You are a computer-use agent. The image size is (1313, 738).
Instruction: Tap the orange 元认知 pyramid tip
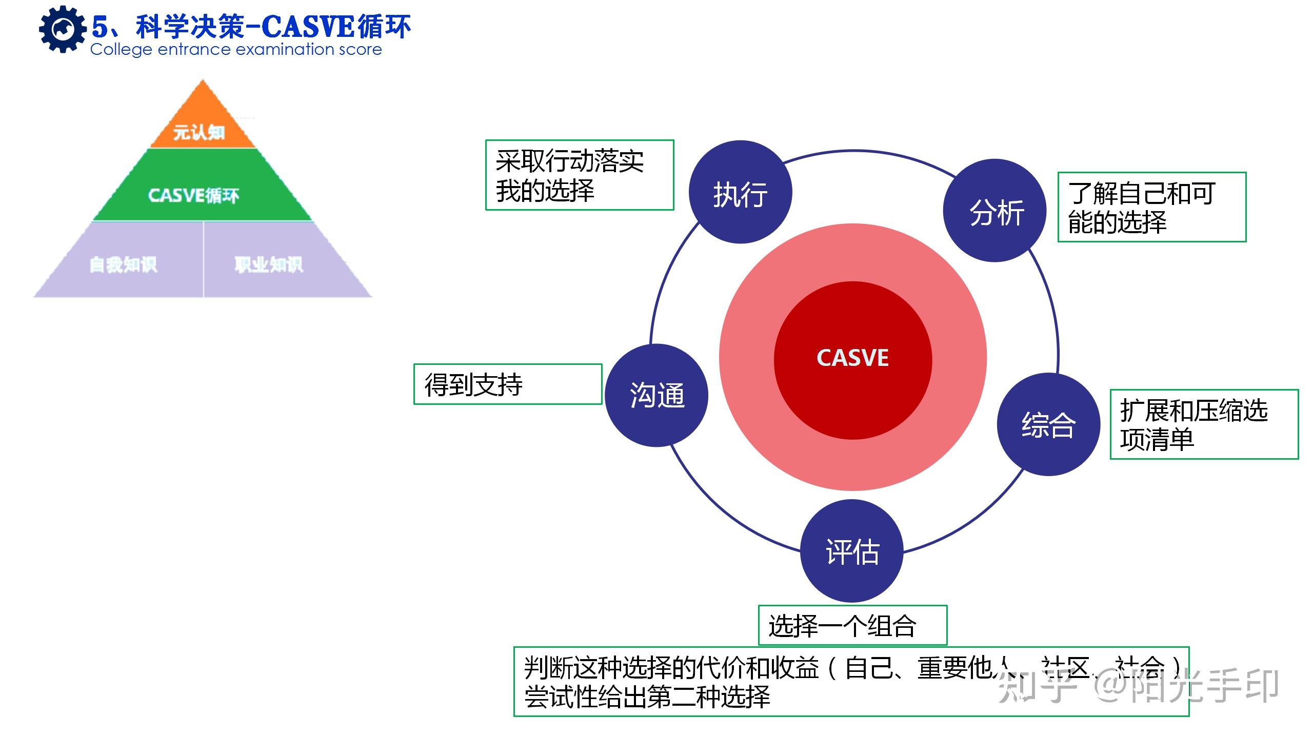pyautogui.click(x=202, y=126)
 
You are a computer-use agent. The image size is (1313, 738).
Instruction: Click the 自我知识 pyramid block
pyautogui.click(x=123, y=264)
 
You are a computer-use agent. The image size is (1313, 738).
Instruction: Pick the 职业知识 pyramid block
pyautogui.click(x=269, y=264)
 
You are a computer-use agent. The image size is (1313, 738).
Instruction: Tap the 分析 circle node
pyautogui.click(x=995, y=211)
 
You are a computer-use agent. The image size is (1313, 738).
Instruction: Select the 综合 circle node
pyautogui.click(x=1048, y=424)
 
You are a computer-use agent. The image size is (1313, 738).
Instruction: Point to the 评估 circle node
pyautogui.click(x=852, y=551)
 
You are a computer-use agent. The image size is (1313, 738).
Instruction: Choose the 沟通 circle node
pyautogui.click(x=656, y=395)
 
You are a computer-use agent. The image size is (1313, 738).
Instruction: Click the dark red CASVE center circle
pyautogui.click(x=852, y=359)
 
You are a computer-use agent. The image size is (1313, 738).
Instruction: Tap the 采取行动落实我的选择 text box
pyautogui.click(x=580, y=175)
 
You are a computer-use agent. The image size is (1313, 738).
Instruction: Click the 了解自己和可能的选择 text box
pyautogui.click(x=1151, y=207)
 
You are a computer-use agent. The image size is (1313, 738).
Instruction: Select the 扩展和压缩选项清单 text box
pyautogui.click(x=1204, y=424)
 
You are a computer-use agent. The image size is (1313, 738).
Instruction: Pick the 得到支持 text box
pyautogui.click(x=507, y=384)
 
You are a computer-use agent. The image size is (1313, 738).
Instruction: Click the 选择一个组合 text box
pyautogui.click(x=852, y=625)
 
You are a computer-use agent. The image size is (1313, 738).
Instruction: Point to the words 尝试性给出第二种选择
pyautogui.click(x=647, y=697)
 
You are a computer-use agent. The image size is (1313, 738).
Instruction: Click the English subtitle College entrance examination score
pyautogui.click(x=236, y=50)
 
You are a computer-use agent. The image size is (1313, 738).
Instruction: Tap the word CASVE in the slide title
pyautogui.click(x=308, y=27)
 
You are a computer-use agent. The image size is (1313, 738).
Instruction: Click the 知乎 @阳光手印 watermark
pyautogui.click(x=1139, y=686)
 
